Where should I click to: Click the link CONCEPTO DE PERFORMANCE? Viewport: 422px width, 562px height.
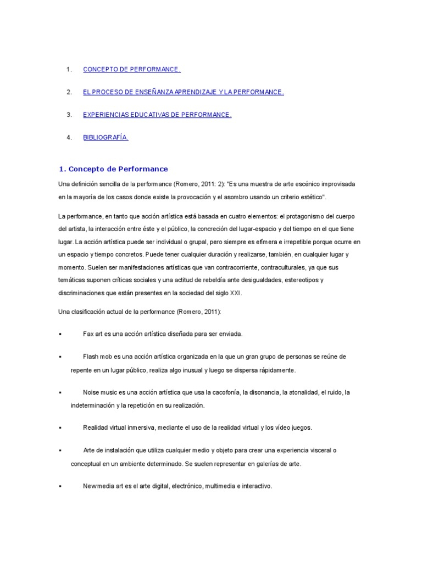131,70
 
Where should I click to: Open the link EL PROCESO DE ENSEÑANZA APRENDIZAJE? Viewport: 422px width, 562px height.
184,92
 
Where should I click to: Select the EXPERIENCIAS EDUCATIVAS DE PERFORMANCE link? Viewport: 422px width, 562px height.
157,115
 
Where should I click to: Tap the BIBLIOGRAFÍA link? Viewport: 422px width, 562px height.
105,138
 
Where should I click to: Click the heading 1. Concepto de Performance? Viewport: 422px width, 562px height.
113,169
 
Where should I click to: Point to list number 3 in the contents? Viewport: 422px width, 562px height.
69,115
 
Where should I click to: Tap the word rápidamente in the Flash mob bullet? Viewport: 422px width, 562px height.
273,370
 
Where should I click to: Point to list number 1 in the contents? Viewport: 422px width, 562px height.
69,70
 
